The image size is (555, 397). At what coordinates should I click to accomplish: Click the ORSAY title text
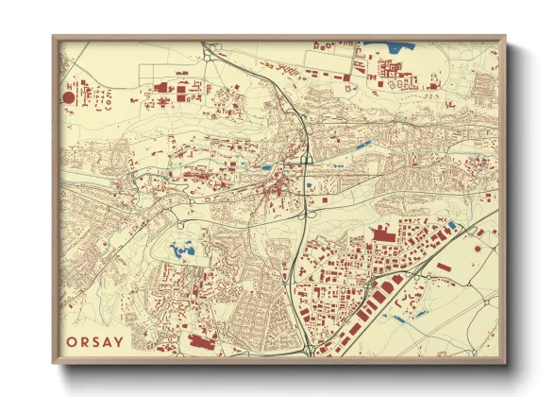94,341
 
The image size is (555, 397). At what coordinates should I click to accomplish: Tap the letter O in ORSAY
72,341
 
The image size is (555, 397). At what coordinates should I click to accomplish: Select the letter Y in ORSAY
118,341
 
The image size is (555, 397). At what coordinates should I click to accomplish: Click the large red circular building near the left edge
68,96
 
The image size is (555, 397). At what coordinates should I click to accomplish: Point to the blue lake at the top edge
396,44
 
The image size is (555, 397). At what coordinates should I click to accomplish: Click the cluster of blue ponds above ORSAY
182,250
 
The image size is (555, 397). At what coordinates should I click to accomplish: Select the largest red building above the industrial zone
383,233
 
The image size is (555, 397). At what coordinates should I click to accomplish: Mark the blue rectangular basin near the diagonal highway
450,225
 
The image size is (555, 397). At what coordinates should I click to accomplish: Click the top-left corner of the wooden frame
54,37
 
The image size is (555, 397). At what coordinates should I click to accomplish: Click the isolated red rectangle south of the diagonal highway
444,268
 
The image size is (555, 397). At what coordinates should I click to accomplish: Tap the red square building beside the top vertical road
360,53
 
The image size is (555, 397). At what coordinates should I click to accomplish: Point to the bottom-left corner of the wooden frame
54,362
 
